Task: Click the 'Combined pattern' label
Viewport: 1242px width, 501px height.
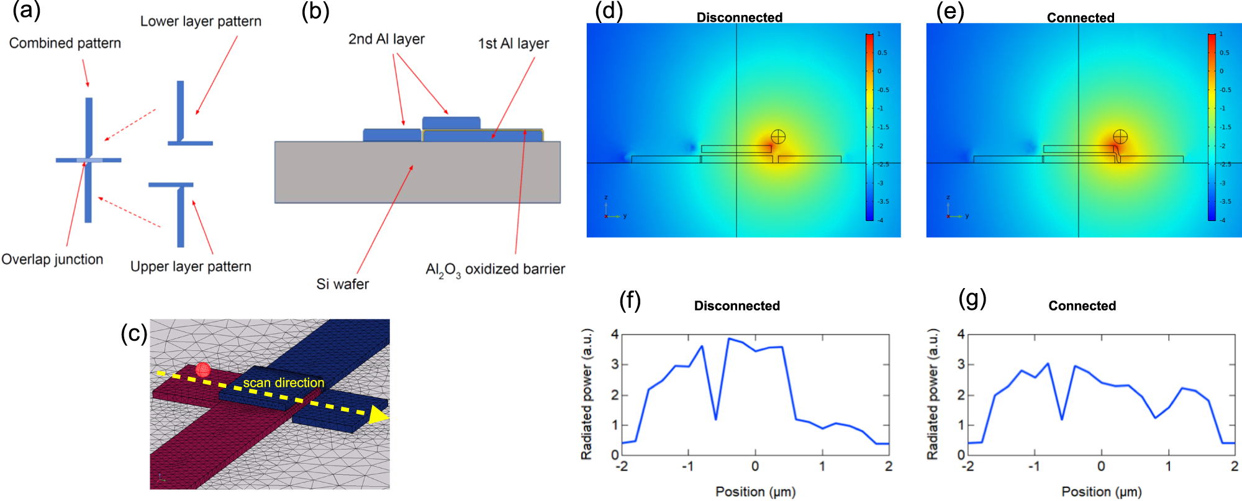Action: (65, 43)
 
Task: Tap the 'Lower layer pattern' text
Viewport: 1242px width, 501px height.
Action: (201, 22)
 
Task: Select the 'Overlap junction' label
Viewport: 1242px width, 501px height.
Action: (52, 260)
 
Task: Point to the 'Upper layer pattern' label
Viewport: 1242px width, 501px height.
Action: (191, 267)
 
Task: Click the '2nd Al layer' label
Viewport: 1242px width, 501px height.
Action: (386, 39)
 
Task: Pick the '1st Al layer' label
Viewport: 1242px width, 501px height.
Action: (513, 43)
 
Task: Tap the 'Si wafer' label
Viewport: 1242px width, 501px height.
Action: (342, 284)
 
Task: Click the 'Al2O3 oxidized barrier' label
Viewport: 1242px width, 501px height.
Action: (495, 269)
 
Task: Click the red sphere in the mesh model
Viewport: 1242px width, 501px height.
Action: (203, 370)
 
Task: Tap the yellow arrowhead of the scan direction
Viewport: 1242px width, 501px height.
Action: (378, 415)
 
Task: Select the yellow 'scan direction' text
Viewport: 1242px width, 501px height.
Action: (283, 383)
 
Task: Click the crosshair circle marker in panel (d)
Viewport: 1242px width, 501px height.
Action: (778, 137)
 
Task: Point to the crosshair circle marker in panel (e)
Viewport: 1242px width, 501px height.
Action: (1120, 137)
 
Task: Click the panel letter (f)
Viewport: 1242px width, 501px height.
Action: (630, 300)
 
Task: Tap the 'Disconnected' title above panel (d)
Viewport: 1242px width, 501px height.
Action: (739, 17)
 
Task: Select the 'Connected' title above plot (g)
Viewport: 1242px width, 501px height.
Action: (1082, 305)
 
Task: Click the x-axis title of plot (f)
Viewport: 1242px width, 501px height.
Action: (755, 492)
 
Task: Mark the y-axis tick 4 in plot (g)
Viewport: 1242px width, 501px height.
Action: (961, 335)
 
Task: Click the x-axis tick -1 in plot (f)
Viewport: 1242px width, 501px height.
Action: (687, 466)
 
